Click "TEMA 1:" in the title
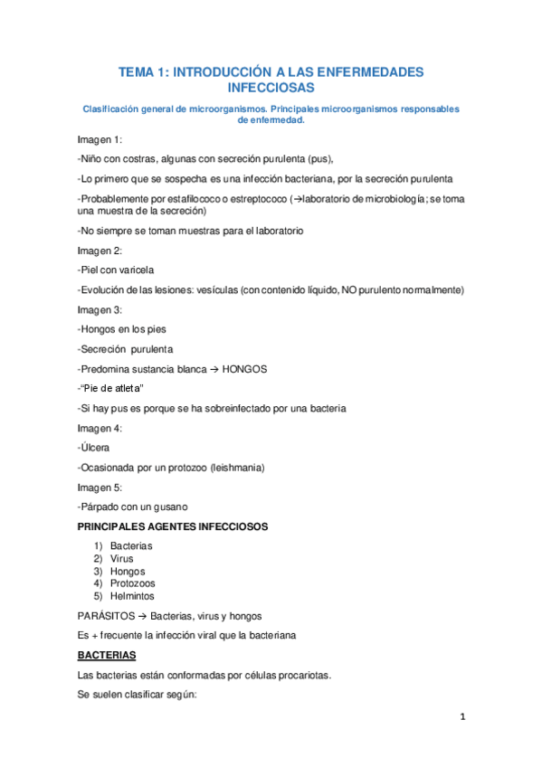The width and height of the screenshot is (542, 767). (144, 71)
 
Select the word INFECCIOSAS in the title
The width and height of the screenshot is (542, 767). (271, 88)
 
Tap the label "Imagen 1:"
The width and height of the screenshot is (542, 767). (100, 139)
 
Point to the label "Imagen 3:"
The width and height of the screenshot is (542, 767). (100, 309)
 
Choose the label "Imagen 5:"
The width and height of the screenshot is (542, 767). (100, 488)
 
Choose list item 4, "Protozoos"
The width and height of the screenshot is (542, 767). (133, 583)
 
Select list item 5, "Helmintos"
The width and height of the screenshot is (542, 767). (132, 596)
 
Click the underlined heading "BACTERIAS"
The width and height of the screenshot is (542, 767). (108, 654)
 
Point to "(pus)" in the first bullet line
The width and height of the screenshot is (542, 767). (318, 158)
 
